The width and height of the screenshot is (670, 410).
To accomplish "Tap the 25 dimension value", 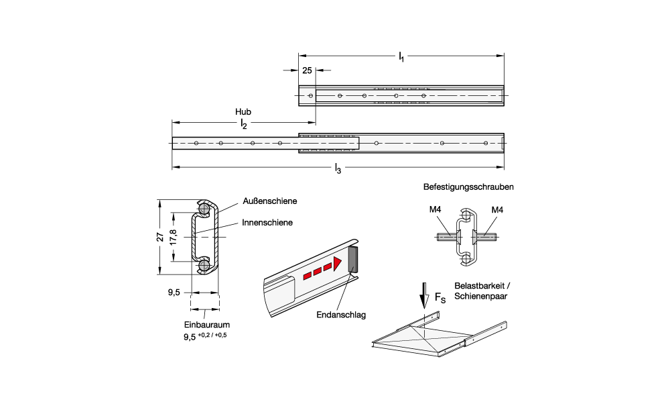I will tap(307, 70).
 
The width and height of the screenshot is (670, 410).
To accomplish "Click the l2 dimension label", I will tap(244, 124).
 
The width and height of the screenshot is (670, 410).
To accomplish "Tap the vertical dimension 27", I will tap(159, 237).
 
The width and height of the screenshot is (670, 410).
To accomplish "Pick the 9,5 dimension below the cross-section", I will tap(174, 292).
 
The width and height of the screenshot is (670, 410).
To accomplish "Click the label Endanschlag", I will tap(336, 313).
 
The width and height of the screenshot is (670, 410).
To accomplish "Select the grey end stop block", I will tap(353, 260).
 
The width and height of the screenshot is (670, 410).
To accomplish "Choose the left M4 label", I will tap(435, 210).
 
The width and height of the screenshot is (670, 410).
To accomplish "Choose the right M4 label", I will tap(497, 210).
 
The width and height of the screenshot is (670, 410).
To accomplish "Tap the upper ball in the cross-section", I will tap(204, 209).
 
